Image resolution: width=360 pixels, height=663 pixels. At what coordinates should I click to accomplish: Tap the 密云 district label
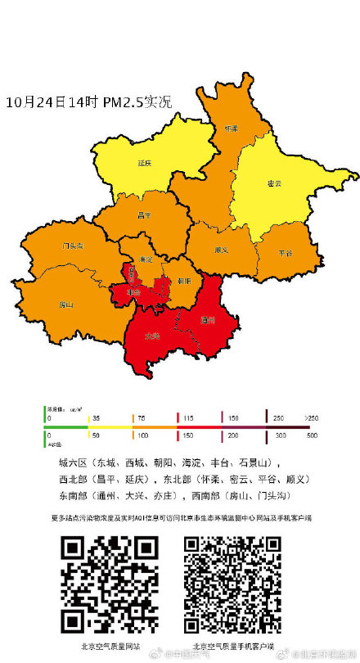tap(274, 183)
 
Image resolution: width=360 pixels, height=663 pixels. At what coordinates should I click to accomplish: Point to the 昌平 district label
tap(144, 214)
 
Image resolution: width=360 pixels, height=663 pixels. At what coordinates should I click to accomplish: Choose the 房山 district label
tap(66, 304)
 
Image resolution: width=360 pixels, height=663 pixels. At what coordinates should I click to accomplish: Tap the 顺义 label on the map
tap(221, 250)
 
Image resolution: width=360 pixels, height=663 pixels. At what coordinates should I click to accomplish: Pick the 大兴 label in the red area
tap(152, 336)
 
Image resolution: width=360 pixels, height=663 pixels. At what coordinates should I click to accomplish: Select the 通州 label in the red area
tap(207, 321)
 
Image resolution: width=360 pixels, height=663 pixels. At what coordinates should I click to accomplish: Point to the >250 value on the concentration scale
tap(312, 418)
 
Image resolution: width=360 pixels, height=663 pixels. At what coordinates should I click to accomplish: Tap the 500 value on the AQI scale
tap(311, 435)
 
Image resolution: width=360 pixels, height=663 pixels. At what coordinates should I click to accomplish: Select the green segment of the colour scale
tap(65, 426)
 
